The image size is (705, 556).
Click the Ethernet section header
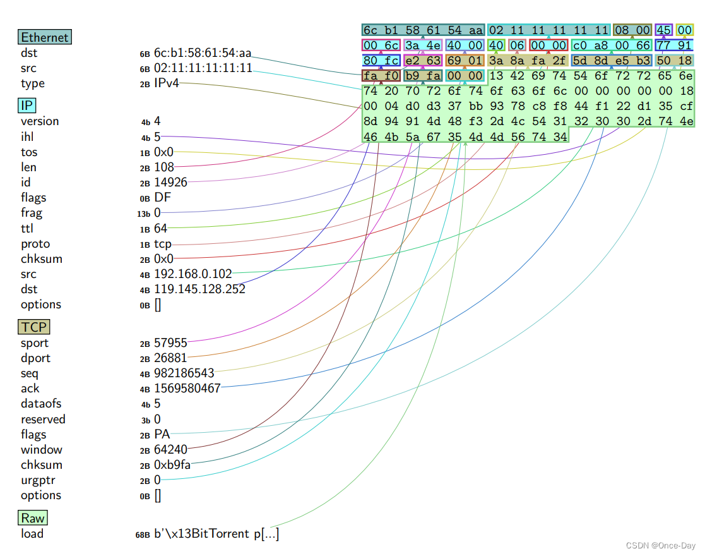[44, 37]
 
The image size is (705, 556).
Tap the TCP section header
[33, 327]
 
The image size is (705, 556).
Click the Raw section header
[33, 518]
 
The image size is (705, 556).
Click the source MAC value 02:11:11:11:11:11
[203, 68]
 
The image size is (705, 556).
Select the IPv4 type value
[167, 83]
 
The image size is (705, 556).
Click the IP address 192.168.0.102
[193, 274]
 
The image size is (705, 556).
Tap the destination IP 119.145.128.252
[199, 289]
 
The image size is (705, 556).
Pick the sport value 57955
[170, 343]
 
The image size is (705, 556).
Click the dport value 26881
[170, 358]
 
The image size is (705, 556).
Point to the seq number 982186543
[184, 373]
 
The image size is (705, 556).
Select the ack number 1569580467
[187, 389]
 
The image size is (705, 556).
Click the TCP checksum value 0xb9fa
[172, 465]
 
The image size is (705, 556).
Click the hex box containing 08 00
[632, 30]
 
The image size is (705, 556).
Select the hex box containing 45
[663, 30]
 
